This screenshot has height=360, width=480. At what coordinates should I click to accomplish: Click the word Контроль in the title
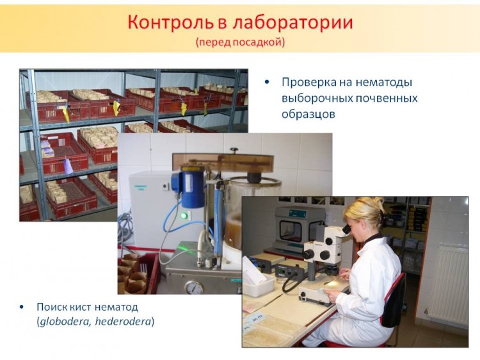click(x=170, y=22)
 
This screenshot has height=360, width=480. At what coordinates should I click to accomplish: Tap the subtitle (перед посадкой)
click(x=240, y=42)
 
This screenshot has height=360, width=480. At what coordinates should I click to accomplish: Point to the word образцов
click(x=308, y=114)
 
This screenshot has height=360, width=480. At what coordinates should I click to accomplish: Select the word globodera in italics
click(x=64, y=322)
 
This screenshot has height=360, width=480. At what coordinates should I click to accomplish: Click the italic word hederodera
click(x=124, y=322)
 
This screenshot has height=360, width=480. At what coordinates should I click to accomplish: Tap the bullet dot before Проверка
click(x=268, y=82)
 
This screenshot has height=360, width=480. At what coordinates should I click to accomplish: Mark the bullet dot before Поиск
click(x=21, y=307)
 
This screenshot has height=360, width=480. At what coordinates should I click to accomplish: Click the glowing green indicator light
click(x=184, y=216)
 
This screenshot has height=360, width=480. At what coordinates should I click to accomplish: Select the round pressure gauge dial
click(x=194, y=288)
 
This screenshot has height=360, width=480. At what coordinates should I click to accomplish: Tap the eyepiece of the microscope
click(x=346, y=229)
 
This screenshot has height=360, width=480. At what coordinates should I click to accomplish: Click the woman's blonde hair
click(x=366, y=212)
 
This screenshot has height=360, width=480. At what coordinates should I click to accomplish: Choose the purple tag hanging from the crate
click(x=68, y=166)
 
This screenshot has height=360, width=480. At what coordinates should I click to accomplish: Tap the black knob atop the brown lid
click(x=234, y=151)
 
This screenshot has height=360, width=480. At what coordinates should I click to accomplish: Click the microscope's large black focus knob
click(x=308, y=254)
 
